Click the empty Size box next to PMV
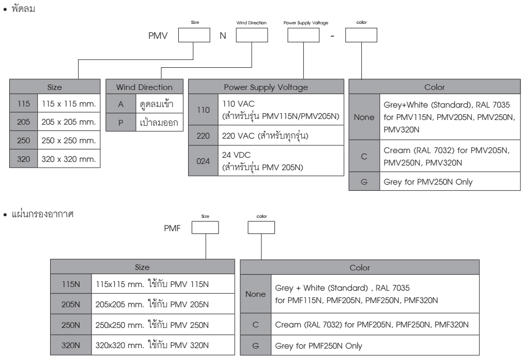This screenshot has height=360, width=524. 194,35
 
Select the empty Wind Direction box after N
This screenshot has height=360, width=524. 252,35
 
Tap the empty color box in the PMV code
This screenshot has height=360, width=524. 361,35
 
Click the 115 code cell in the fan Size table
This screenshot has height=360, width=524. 23,103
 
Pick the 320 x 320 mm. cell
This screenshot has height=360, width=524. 69,159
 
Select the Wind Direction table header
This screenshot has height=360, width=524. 144,87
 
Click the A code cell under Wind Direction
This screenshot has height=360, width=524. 120,104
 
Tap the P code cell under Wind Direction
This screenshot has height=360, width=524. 120,123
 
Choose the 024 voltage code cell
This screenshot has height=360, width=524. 203,161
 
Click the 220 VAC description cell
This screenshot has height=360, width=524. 281,136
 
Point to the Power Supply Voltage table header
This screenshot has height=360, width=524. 266,87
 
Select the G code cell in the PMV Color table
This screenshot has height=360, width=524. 364,182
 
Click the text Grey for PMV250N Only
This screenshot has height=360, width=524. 428,182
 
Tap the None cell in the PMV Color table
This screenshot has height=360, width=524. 364,117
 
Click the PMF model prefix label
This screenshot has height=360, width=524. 172,228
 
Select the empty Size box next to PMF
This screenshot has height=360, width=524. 205,228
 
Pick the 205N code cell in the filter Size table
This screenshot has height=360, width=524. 71,304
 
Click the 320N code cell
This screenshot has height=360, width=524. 71,345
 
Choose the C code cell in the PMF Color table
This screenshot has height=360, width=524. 256,324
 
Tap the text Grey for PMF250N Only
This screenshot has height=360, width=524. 318,346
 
